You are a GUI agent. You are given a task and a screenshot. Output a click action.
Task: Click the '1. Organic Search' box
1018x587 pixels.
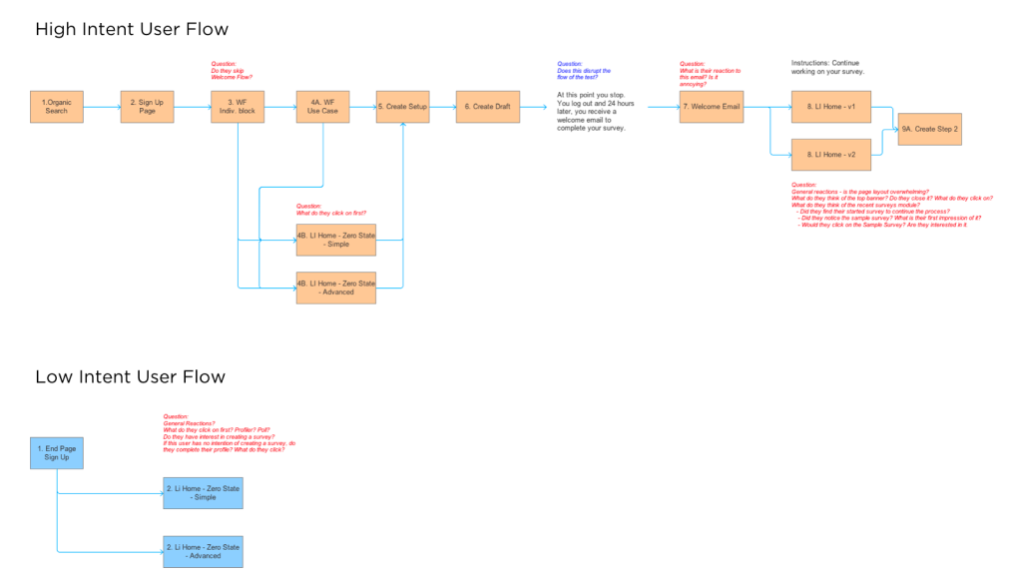tap(56, 107)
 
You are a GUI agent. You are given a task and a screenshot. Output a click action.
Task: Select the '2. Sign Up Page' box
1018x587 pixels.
tap(146, 107)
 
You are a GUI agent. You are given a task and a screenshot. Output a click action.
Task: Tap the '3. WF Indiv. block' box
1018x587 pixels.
tap(237, 107)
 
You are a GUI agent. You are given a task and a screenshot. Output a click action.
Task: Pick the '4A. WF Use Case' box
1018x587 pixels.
tap(322, 107)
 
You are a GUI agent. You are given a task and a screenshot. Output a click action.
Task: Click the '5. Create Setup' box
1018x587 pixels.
tap(402, 107)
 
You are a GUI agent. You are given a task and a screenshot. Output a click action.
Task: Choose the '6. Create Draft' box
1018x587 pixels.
tap(488, 107)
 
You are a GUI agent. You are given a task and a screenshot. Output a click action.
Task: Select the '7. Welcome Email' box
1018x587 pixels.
tap(711, 107)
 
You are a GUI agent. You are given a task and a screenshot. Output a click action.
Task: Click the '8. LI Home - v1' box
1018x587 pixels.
tap(830, 107)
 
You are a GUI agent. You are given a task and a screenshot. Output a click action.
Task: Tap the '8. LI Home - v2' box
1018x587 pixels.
tap(830, 155)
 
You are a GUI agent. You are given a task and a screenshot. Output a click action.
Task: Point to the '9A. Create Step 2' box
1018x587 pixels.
tap(929, 130)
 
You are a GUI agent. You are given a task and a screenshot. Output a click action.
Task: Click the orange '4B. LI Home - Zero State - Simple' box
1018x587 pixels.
tap(336, 240)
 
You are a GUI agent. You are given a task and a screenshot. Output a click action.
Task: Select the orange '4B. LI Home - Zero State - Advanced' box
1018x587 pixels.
tap(336, 288)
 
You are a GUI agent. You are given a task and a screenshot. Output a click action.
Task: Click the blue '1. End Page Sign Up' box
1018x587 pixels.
tap(56, 453)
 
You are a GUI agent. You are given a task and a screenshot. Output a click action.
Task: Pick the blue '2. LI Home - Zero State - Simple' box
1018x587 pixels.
tap(203, 493)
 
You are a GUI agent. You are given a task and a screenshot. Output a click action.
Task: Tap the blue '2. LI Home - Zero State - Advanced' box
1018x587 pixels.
tap(203, 551)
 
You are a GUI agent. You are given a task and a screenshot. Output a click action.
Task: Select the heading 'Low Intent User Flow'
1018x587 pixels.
tap(130, 376)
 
